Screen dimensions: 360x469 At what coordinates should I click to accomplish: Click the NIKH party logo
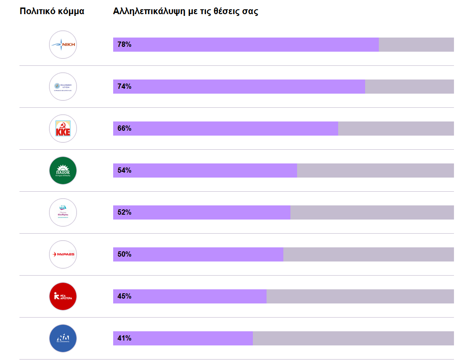pyautogui.click(x=63, y=45)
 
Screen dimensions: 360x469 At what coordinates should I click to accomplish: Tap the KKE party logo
pyautogui.click(x=63, y=129)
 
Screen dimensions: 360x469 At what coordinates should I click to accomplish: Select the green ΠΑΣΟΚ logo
pyautogui.click(x=63, y=171)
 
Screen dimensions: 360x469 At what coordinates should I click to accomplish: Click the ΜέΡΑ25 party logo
pyautogui.click(x=63, y=254)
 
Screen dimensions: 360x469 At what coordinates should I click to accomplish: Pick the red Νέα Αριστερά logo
pyautogui.click(x=63, y=296)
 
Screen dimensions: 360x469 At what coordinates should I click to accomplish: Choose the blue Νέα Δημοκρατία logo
pyautogui.click(x=63, y=338)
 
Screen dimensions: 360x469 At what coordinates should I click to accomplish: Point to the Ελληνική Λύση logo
pyautogui.click(x=63, y=87)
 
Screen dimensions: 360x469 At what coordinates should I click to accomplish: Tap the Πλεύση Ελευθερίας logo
pyautogui.click(x=63, y=212)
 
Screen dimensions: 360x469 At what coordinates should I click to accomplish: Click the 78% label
pyautogui.click(x=124, y=45)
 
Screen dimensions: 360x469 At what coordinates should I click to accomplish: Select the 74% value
pyautogui.click(x=124, y=87)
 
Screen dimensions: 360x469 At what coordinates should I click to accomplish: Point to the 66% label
pyautogui.click(x=124, y=129)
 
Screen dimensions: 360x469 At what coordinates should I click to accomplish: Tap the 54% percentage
pyautogui.click(x=124, y=171)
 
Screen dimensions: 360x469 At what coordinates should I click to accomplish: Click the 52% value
pyautogui.click(x=124, y=212)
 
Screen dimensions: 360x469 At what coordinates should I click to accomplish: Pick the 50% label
pyautogui.click(x=124, y=254)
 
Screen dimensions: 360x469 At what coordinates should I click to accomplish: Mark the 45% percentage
pyautogui.click(x=124, y=296)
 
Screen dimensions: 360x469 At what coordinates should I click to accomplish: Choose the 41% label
pyautogui.click(x=124, y=338)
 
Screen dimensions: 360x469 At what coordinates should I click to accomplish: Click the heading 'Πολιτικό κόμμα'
pyautogui.click(x=52, y=11)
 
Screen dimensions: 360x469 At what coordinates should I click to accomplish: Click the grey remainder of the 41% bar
pyautogui.click(x=353, y=338)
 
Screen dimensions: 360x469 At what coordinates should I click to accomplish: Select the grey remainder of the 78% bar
pyautogui.click(x=416, y=45)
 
